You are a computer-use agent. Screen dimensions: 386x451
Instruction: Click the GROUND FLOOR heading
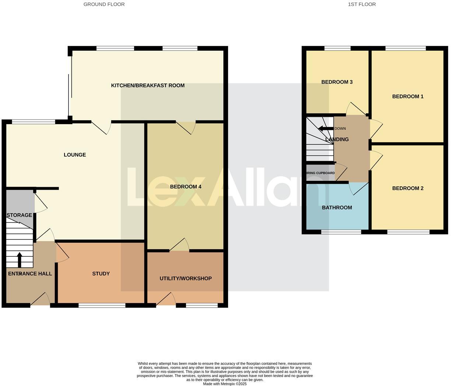(104, 4)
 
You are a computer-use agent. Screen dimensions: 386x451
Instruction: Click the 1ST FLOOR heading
(361, 4)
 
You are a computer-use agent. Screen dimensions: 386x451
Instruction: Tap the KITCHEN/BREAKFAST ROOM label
(148, 85)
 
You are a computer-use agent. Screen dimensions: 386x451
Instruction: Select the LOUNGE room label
(75, 155)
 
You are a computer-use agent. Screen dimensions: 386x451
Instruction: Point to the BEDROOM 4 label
(185, 187)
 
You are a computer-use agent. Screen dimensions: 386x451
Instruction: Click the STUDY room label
(101, 274)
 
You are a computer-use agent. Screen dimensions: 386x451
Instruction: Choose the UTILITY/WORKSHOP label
(185, 278)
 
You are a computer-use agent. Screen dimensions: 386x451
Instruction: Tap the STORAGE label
(19, 215)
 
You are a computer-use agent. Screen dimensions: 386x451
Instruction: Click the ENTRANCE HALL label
(30, 274)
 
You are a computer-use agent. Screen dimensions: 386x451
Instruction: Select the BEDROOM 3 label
(337, 82)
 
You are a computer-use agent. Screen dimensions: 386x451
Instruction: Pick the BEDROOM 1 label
(408, 96)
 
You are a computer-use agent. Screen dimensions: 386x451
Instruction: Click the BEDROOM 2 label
(408, 188)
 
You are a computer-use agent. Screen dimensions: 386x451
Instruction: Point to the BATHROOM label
(337, 208)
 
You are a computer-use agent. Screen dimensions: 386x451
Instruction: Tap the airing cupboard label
(321, 173)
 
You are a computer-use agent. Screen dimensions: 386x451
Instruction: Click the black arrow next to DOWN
(325, 129)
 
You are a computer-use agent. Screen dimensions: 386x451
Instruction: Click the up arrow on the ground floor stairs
(20, 260)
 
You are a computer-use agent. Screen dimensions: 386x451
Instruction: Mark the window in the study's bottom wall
(102, 305)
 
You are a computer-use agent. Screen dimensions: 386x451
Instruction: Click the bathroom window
(341, 232)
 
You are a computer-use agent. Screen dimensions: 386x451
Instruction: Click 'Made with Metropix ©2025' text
(225, 384)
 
